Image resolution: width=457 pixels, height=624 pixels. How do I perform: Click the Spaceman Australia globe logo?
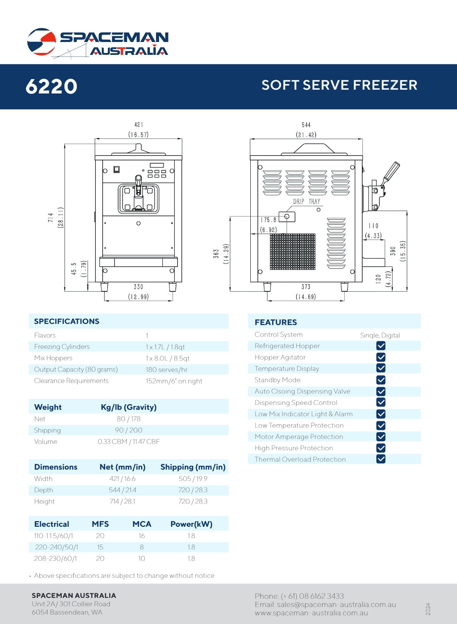click(x=42, y=42)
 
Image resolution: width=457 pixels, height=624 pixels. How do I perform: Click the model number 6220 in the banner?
click(x=51, y=86)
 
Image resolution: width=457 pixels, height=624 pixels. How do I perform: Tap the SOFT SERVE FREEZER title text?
click(x=339, y=85)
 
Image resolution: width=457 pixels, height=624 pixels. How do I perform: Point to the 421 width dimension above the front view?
click(x=139, y=125)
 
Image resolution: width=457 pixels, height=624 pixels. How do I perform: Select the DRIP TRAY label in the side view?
click(x=306, y=202)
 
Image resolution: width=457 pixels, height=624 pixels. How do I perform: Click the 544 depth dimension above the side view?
click(x=306, y=125)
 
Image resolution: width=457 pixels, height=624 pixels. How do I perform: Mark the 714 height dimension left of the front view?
click(x=51, y=218)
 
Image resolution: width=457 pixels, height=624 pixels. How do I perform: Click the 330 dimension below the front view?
click(x=138, y=287)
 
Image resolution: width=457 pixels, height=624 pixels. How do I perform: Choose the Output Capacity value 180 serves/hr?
click(x=167, y=370)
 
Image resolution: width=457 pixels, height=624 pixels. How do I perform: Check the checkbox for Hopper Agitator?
click(x=381, y=357)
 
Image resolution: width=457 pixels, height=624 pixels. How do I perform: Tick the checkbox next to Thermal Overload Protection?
click(x=381, y=459)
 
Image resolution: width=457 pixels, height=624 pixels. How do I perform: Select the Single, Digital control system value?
click(x=380, y=335)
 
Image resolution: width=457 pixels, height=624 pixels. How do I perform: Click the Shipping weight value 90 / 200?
click(x=129, y=430)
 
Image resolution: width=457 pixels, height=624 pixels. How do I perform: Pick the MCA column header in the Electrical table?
click(x=142, y=524)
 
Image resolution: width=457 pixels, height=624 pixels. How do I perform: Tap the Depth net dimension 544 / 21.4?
click(x=122, y=490)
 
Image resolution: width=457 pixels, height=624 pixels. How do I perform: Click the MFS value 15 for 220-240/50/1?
click(x=100, y=547)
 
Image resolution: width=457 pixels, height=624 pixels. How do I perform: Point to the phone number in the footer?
click(x=299, y=596)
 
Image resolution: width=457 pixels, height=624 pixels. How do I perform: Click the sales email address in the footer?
click(x=325, y=605)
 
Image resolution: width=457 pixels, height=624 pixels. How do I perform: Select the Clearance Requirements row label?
click(x=71, y=381)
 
